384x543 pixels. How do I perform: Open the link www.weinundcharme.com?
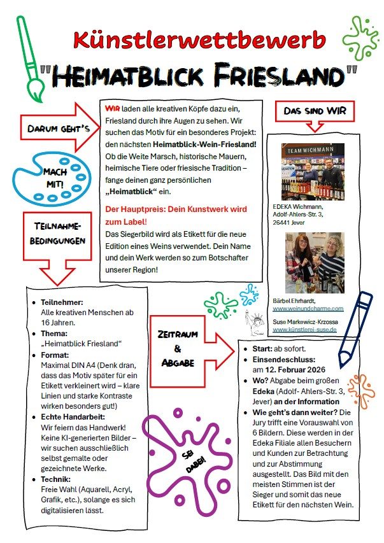(308, 308)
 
